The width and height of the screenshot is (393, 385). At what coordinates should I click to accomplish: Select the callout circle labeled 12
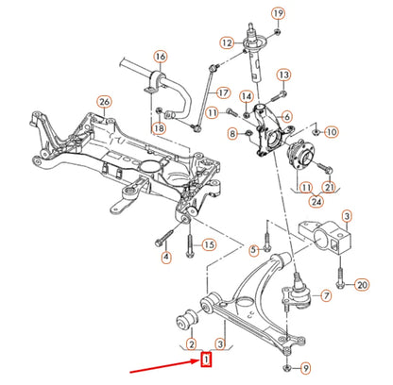[226, 42]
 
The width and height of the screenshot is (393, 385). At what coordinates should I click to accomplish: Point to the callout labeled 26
[104, 102]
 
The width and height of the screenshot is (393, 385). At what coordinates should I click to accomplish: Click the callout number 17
[223, 92]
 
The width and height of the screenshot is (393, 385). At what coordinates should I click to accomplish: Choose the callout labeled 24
[313, 200]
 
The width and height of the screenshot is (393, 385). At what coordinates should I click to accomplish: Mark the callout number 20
[361, 283]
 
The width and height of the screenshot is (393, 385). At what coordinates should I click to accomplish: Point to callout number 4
[166, 257]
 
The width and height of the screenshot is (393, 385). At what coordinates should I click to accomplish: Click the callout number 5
[252, 249]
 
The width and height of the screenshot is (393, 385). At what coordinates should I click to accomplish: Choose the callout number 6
[287, 116]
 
